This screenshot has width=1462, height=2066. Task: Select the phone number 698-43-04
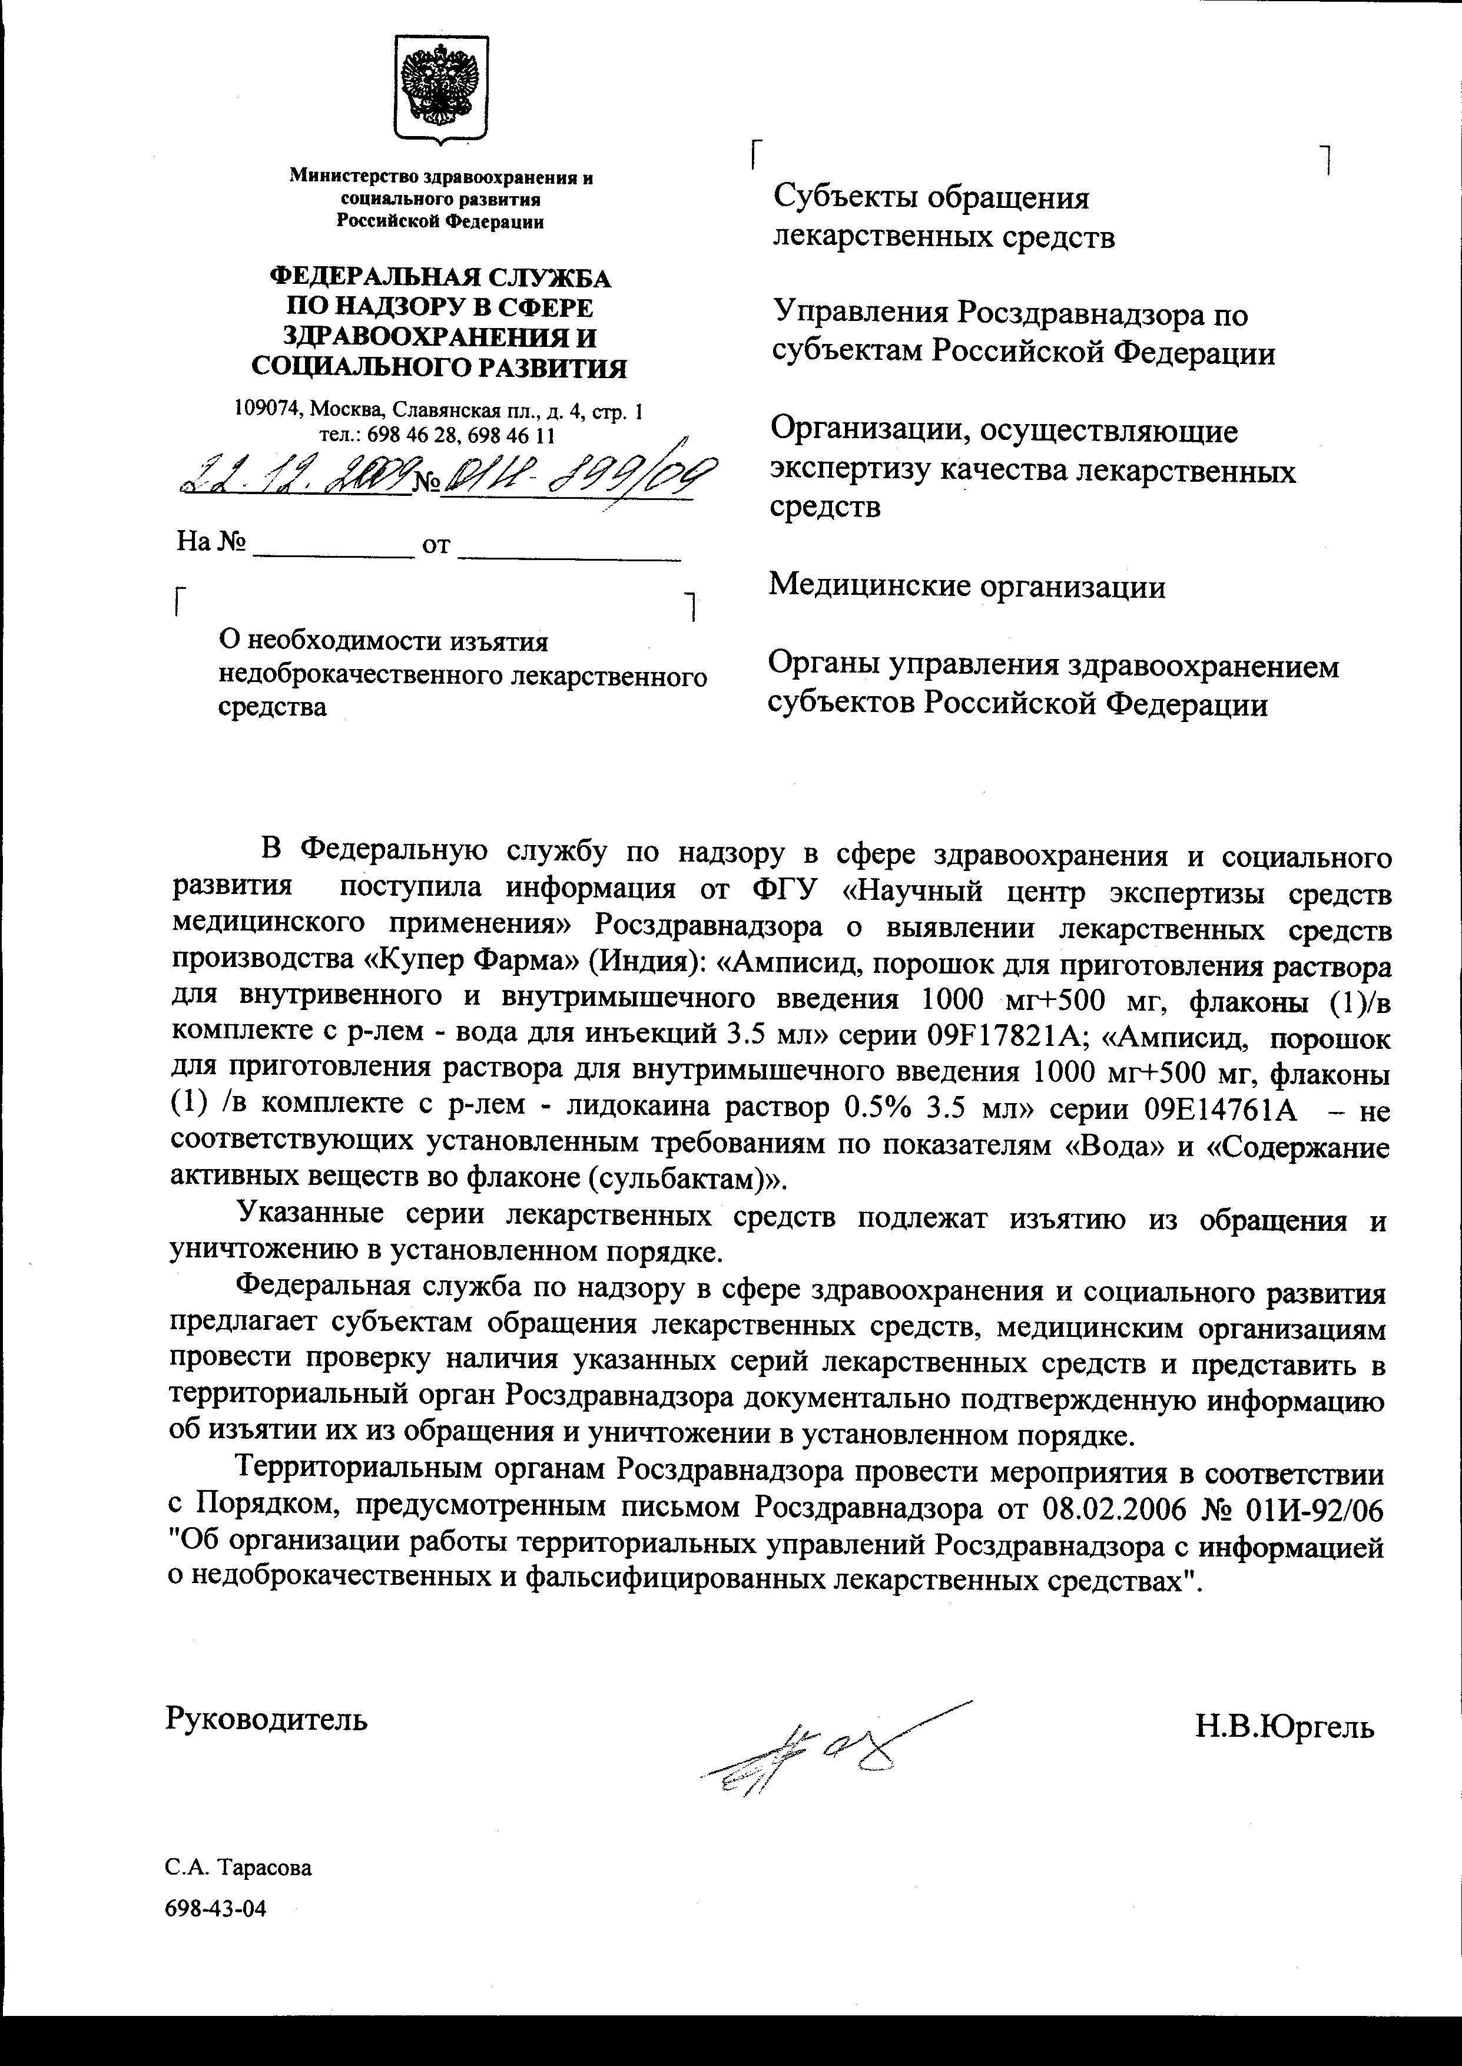coord(216,1908)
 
